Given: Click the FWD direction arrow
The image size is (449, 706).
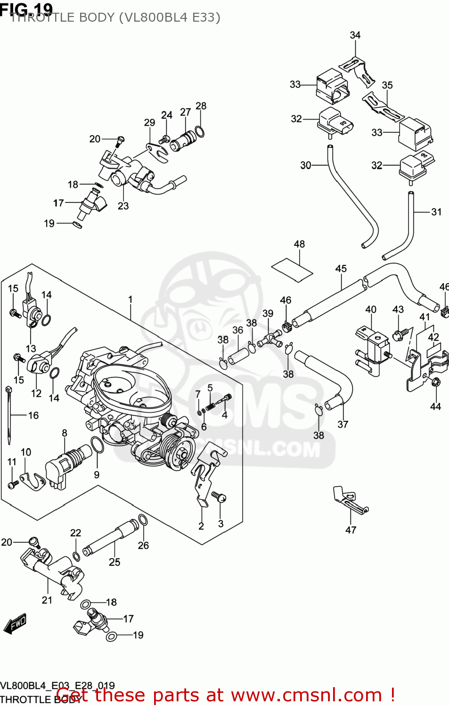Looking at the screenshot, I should click(15, 624).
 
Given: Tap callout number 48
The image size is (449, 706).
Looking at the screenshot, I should click(299, 244).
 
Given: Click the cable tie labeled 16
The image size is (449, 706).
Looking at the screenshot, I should click(8, 414).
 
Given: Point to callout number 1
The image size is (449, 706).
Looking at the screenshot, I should click(131, 299).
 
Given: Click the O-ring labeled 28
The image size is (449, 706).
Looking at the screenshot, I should click(200, 131).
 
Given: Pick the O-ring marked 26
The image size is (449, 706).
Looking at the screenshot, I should click(143, 520).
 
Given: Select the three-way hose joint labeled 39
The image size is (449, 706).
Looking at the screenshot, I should click(269, 338).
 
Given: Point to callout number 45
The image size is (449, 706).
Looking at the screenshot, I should click(341, 268).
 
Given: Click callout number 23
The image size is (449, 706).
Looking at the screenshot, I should click(123, 206).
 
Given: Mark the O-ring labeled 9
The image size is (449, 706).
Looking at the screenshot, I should click(97, 444).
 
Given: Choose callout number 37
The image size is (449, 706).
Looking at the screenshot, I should click(343, 424).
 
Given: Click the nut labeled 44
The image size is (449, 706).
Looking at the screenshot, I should click(435, 382).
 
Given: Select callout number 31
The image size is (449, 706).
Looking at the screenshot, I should click(436, 212).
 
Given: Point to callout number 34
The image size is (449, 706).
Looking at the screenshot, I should click(355, 35).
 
